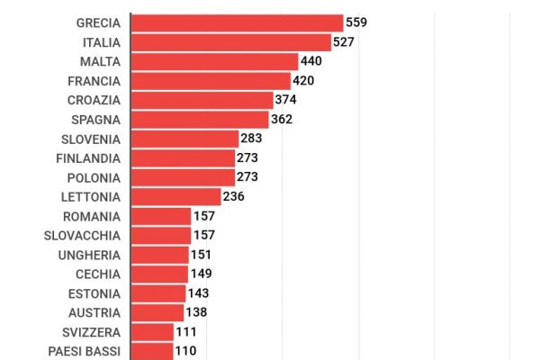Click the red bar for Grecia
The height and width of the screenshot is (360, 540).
tap(237, 22)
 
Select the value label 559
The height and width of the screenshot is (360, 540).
tap(357, 22)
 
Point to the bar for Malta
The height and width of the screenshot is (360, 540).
tap(214, 61)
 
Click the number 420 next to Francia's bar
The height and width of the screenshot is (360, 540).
tap(304, 81)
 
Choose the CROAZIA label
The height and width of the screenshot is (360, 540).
tap(94, 100)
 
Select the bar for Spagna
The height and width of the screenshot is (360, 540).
tap(200, 120)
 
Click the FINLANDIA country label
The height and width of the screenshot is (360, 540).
tap(88, 158)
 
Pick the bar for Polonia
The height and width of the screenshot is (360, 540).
tap(183, 177)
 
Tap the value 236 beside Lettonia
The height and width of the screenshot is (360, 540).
tap(234, 197)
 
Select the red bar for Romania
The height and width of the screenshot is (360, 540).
tap(161, 216)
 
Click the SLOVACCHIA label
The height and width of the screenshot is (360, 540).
tap(82, 236)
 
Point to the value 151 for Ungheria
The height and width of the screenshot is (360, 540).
tap(201, 255)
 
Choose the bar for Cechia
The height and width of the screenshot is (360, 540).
tap(159, 274)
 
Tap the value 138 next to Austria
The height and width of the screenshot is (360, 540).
tap(197, 312)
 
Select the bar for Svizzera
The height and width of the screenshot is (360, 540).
tap(152, 332)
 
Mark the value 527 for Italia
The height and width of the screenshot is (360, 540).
tap(345, 42)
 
